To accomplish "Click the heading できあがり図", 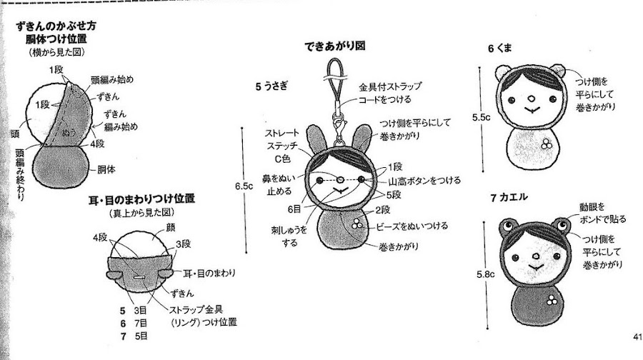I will pos(334,46).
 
